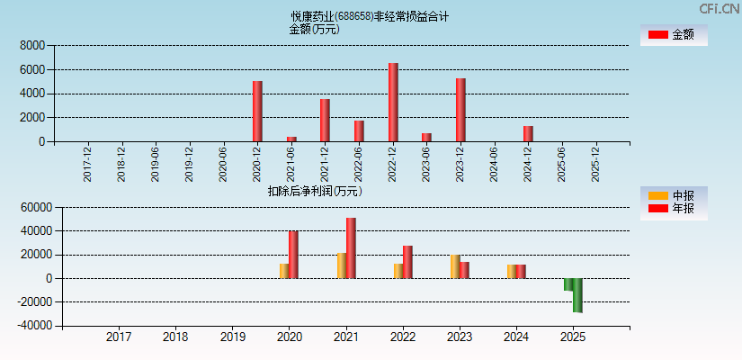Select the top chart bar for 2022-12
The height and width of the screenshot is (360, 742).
pos(393,103)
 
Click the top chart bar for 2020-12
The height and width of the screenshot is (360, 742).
pos(257,112)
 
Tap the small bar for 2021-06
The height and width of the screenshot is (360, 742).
pos(291,139)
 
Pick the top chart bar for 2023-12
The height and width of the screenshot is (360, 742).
pos(460,110)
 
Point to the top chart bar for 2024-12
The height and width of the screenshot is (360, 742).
pos(528,133)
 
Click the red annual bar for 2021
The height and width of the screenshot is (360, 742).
pos(351,247)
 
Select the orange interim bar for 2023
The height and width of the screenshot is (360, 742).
pos(455,266)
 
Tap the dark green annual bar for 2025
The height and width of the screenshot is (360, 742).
pos(577,295)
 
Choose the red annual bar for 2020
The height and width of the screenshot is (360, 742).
pos(293,255)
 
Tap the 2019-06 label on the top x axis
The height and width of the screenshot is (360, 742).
pos(155,165)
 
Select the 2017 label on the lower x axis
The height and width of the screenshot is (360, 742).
pos(119,337)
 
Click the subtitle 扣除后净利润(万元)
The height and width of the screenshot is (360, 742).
pos(315,191)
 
